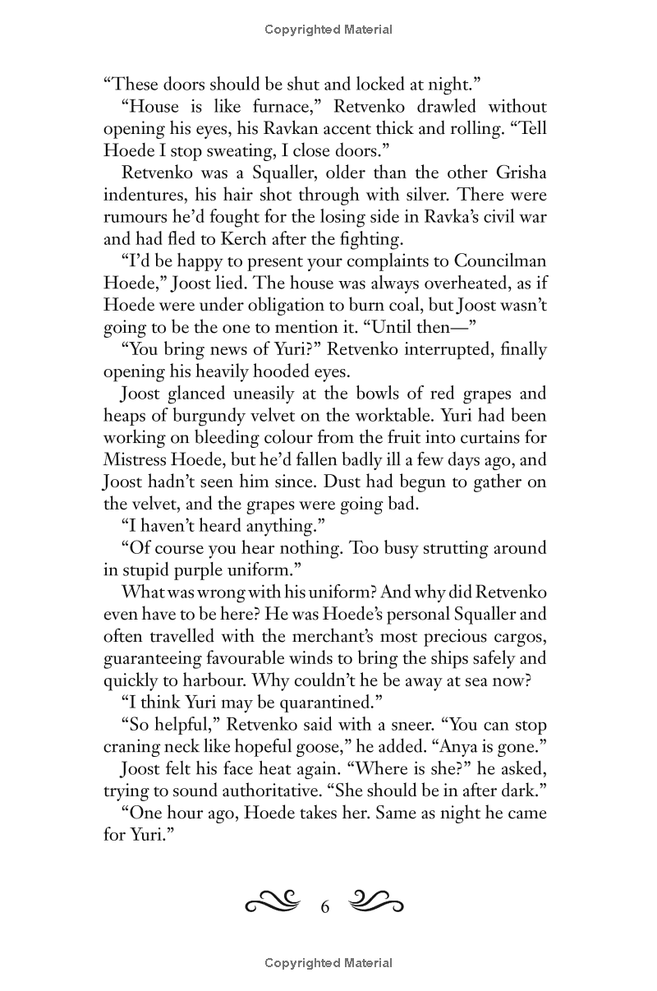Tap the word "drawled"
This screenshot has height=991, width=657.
pyautogui.click(x=443, y=106)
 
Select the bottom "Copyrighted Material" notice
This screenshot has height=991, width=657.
pyautogui.click(x=328, y=963)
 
